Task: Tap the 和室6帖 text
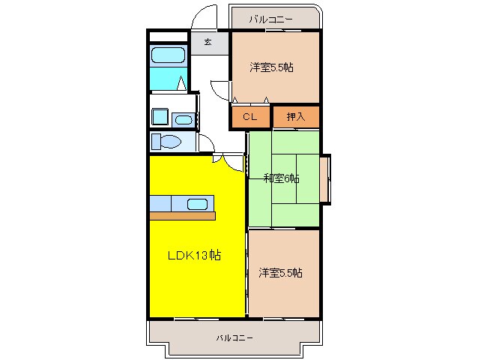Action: (x=281, y=178)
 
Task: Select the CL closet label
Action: (x=249, y=116)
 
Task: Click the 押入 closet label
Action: (x=296, y=116)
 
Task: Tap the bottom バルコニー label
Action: (x=235, y=337)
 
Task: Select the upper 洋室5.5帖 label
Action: (x=271, y=67)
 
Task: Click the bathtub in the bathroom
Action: (x=167, y=55)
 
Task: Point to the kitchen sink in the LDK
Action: (x=197, y=203)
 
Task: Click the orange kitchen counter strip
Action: (x=182, y=216)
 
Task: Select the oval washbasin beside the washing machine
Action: (x=183, y=118)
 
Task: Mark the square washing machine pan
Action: (x=160, y=117)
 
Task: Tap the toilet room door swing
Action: (x=206, y=144)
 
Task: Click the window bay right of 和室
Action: (x=325, y=178)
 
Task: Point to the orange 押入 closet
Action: (x=296, y=117)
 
